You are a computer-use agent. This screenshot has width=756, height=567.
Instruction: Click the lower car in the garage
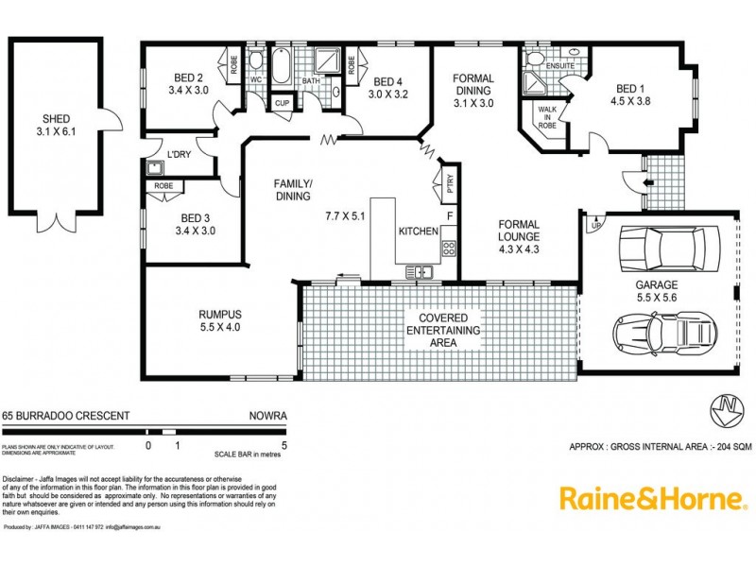(664, 332)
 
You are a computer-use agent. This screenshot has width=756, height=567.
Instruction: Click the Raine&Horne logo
(654, 498)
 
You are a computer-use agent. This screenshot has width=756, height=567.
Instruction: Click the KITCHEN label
(417, 231)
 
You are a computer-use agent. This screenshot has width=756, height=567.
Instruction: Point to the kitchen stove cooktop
(450, 249)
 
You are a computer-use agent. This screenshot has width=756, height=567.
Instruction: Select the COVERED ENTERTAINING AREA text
(443, 330)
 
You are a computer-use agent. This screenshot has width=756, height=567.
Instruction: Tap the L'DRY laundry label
(179, 154)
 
